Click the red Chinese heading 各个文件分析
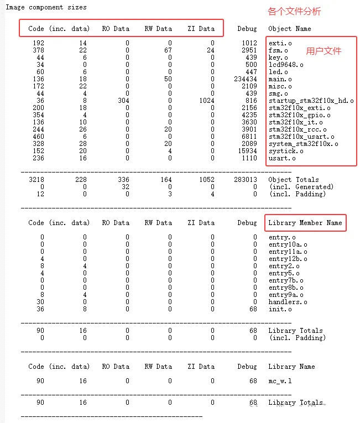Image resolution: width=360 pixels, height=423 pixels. (294, 12)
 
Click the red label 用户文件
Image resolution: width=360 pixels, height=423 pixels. (324, 51)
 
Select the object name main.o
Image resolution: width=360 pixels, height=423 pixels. (280, 79)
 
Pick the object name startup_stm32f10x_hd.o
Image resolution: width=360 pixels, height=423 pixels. (311, 101)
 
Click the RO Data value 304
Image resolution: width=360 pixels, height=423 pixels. (122, 101)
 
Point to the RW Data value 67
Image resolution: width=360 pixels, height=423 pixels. (168, 50)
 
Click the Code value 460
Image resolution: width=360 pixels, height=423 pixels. (38, 137)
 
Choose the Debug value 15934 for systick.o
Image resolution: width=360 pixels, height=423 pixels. (246, 151)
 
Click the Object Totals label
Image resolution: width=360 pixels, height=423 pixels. (293, 180)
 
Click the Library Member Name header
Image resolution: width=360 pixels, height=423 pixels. (305, 223)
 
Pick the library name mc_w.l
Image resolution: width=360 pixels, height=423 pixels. (280, 381)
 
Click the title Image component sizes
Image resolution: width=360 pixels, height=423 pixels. (46, 8)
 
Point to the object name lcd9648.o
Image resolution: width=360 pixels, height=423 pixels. (286, 65)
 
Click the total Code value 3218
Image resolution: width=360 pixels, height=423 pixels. (36, 180)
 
